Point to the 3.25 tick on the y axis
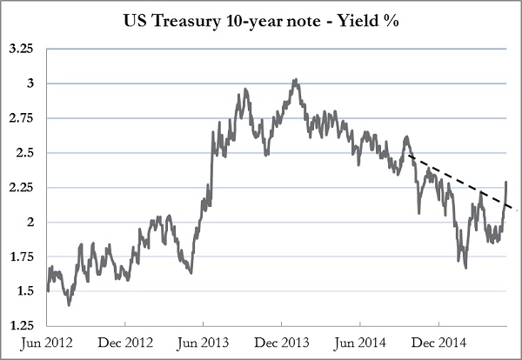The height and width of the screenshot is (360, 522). tap(20, 50)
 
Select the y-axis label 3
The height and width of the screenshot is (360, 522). tap(28, 83)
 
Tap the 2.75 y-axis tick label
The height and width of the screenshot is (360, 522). tap(20, 118)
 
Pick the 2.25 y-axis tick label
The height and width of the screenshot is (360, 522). tap(20, 187)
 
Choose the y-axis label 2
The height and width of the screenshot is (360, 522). tap(28, 222)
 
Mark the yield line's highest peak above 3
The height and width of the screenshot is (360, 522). tap(296, 80)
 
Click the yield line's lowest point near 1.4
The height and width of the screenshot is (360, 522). tap(69, 304)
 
